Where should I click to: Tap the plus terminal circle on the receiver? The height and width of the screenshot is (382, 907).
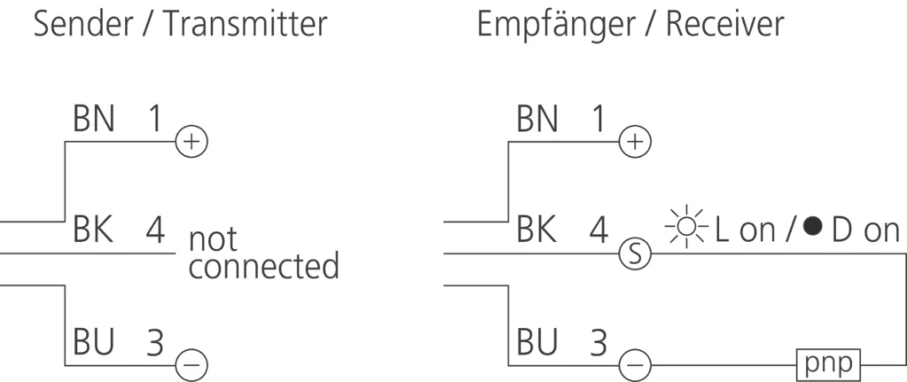point(634,141)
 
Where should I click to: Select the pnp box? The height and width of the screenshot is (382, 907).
point(830,363)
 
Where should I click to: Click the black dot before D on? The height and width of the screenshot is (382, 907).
point(811,230)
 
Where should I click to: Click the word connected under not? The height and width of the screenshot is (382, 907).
point(263,265)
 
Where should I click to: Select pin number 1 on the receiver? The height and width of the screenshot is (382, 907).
point(600,120)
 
